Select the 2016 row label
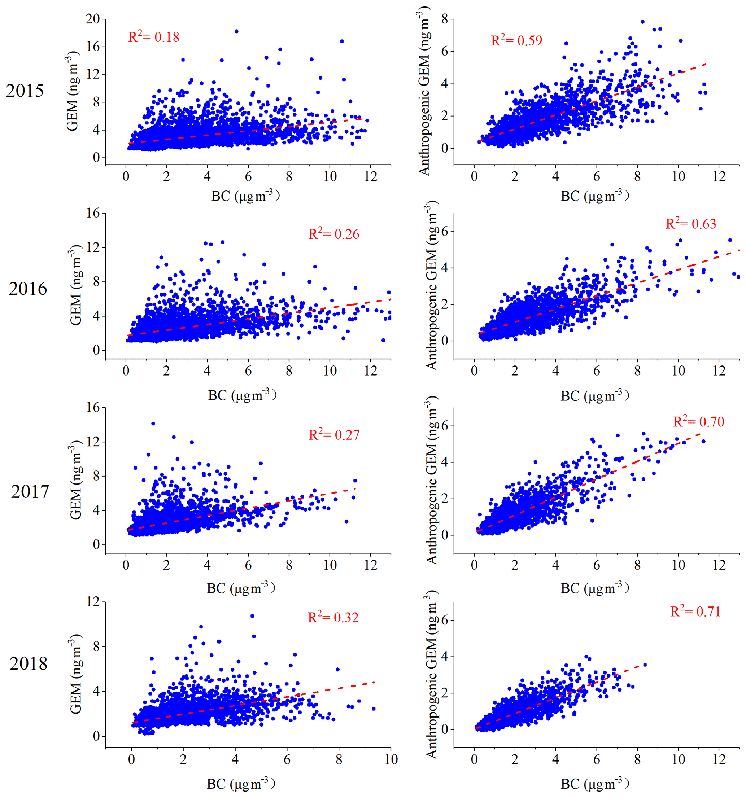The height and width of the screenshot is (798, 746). [28, 289]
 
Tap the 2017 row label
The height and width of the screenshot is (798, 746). [30, 492]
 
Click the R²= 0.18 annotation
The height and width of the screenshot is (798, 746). [153, 37]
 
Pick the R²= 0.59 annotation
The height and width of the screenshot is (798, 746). [516, 40]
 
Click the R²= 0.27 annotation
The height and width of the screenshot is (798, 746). [334, 435]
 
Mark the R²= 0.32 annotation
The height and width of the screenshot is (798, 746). [333, 617]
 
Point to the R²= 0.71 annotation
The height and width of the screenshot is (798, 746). [695, 611]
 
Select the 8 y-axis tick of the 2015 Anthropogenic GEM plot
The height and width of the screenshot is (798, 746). [445, 19]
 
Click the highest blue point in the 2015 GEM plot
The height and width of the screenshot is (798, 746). [236, 31]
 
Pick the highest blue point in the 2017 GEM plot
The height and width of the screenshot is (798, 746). [153, 424]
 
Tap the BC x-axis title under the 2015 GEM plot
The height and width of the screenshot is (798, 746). [245, 196]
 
